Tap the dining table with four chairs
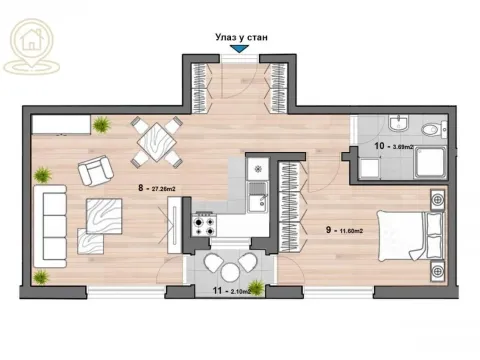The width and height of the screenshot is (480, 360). pos(156,141)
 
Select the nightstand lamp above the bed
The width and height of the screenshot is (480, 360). pos(436,201)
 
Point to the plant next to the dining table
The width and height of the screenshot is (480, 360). pos(102,124)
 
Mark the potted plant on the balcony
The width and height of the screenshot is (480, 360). pos(256,288)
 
